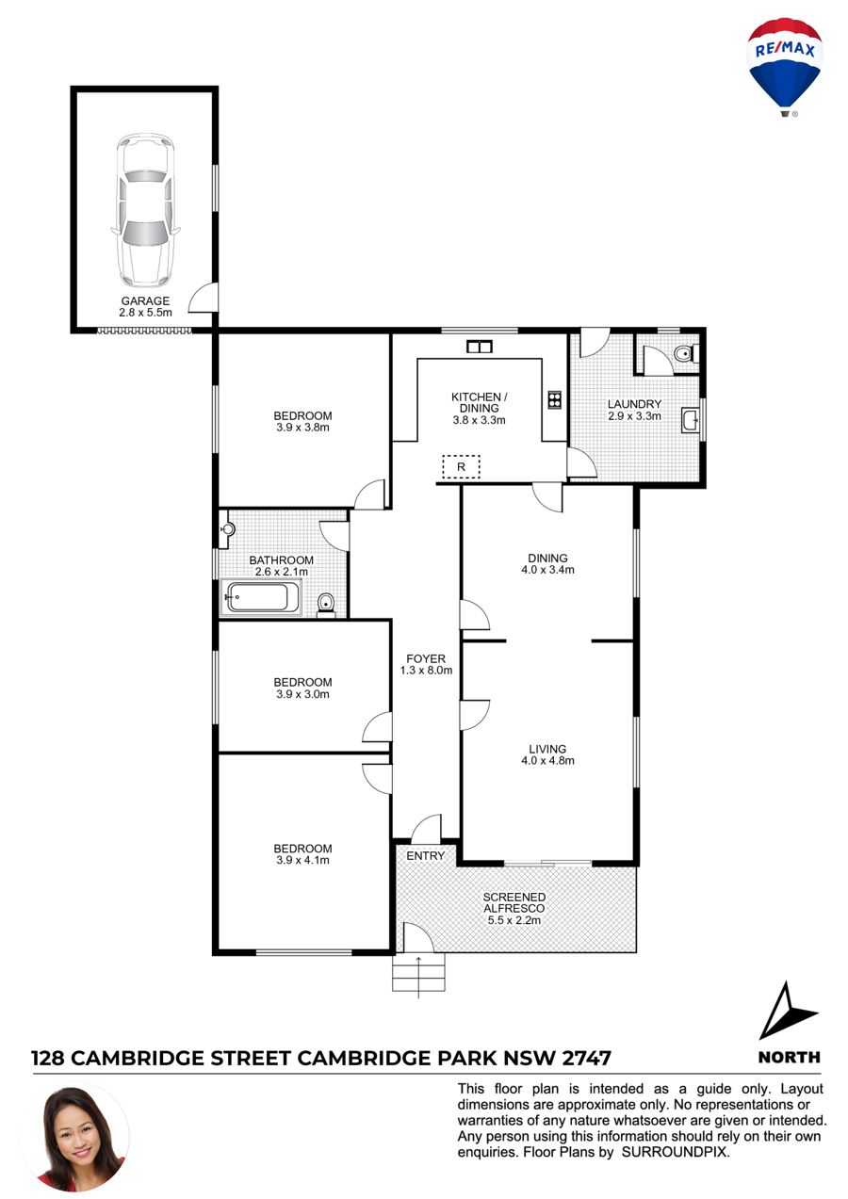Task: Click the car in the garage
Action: [145, 210]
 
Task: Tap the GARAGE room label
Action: [145, 301]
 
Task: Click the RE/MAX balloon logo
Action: [784, 67]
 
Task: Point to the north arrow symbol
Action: [787, 1011]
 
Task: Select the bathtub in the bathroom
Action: [261, 597]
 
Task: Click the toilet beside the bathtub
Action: [325, 604]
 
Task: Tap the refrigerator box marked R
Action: [461, 466]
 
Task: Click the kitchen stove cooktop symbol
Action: [555, 399]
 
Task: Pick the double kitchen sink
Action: [480, 347]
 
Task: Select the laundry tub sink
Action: [691, 420]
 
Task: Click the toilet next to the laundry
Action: [685, 354]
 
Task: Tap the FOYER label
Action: [426, 659]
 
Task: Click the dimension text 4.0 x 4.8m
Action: [547, 761]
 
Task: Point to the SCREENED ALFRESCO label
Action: [514, 902]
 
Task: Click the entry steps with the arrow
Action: [418, 973]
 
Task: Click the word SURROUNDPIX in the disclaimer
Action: [675, 1152]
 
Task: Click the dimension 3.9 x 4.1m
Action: [302, 860]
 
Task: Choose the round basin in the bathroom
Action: [229, 529]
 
